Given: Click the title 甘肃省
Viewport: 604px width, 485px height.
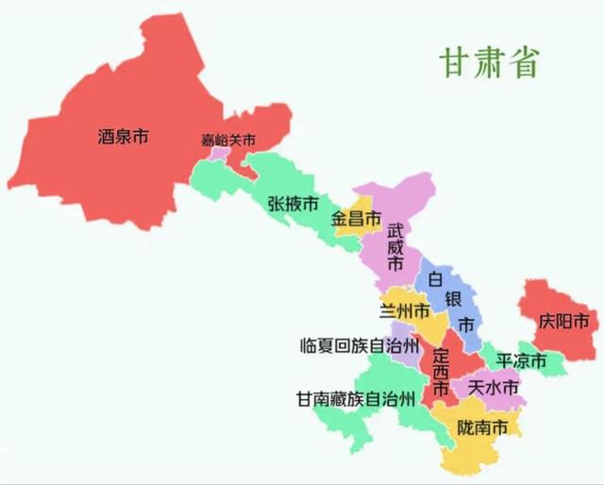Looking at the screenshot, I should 487,61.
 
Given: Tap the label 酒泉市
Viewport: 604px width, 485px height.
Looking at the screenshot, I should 123,137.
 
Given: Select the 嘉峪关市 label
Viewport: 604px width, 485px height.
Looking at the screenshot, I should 228,141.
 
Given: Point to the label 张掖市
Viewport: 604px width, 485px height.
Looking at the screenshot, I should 293,203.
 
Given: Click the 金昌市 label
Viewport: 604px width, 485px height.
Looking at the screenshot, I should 356,219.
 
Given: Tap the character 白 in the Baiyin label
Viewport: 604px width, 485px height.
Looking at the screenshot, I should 435,279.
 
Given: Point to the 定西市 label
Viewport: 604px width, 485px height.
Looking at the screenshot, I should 440,373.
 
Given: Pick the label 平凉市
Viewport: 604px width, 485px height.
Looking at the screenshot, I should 522,361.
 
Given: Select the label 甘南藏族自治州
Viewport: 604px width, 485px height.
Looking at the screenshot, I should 355,398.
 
